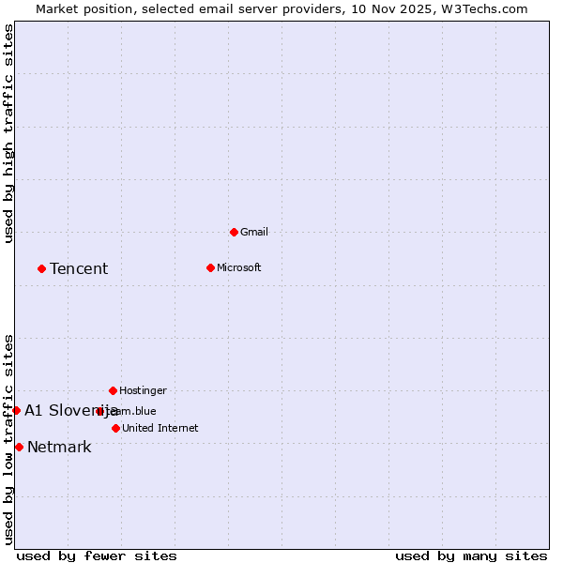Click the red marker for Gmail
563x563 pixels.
coord(234,232)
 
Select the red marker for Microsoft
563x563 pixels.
coord(210,267)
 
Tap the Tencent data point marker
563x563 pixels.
coord(41,268)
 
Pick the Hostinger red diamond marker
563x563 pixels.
coord(113,390)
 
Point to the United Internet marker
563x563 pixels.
coord(115,428)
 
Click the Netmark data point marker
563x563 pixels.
coord(19,447)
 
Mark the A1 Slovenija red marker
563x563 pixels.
coord(16,410)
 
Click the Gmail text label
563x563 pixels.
coord(254,232)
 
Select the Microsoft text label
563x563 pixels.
coord(238,267)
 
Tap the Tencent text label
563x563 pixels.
coord(79,269)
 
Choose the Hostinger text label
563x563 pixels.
coord(143,390)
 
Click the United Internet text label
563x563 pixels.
coord(160,428)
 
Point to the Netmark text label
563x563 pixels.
coord(59,448)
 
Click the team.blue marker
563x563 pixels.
coord(99,411)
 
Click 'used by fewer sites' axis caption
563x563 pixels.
coord(97,555)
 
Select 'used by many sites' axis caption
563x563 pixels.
coord(471,555)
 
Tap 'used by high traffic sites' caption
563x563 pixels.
coord(8,133)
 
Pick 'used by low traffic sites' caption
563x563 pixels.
coord(8,439)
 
